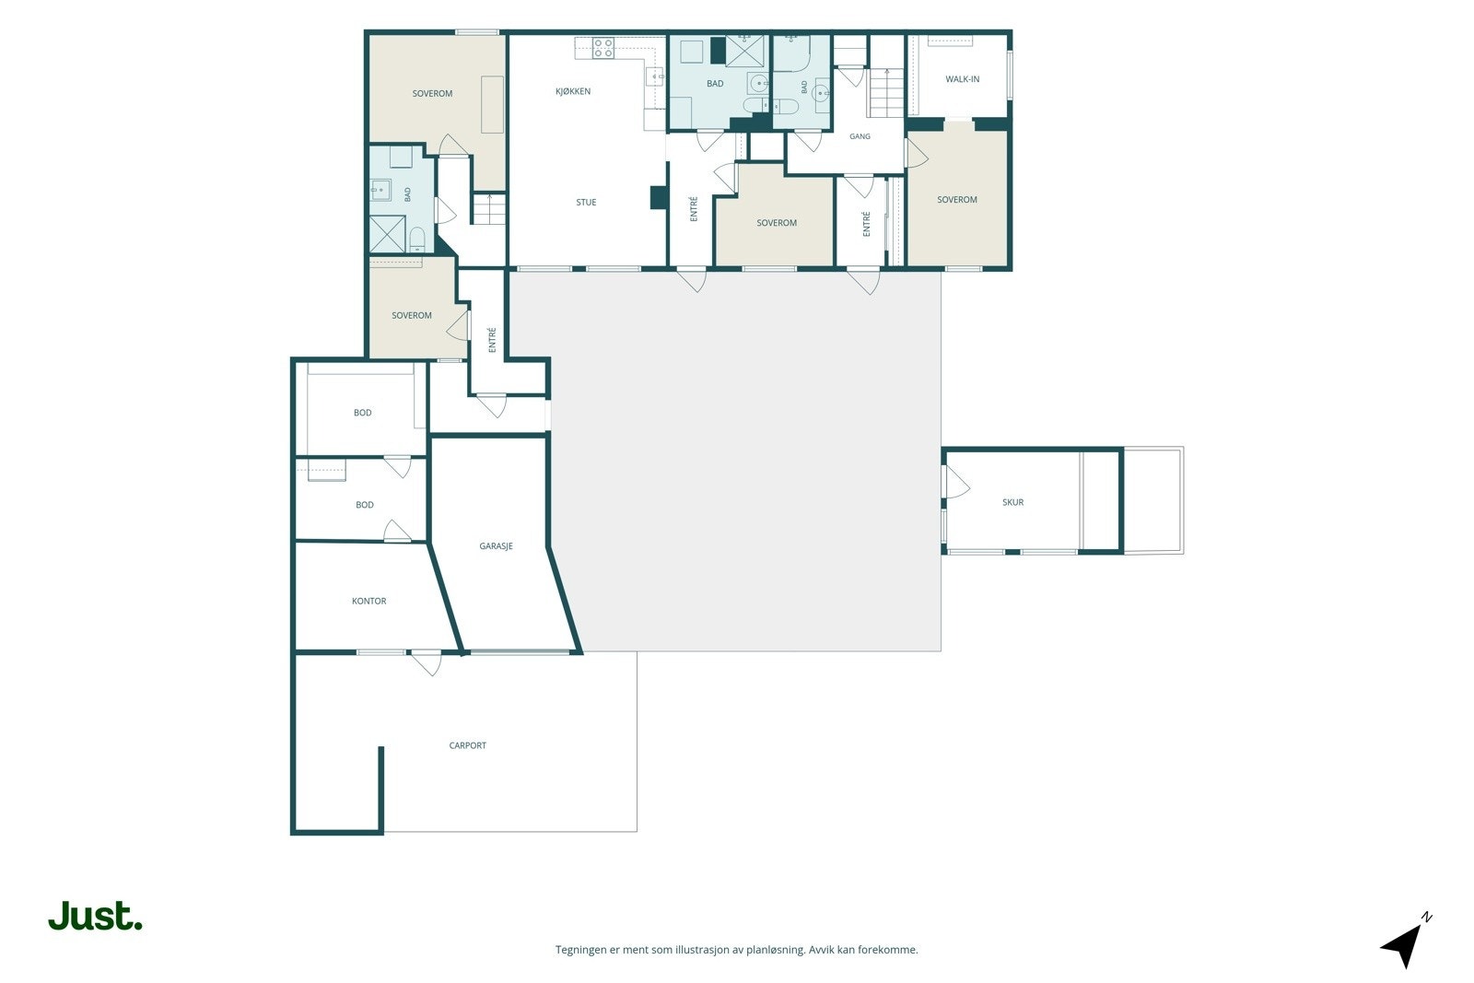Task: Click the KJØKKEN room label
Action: pos(572,91)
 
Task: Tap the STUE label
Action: pos(586,203)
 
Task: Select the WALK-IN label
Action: pos(962,79)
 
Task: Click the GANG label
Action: pos(860,136)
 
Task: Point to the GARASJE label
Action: pos(496,546)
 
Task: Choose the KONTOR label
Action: pos(368,601)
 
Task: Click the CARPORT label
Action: pos(467,745)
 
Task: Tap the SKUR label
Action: pos(1012,502)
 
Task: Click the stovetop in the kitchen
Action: pos(602,48)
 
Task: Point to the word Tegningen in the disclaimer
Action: pos(581,950)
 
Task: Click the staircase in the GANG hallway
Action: pos(885,93)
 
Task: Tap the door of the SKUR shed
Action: pos(956,482)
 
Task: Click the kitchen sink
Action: pos(655,77)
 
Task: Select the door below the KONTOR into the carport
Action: pos(427,662)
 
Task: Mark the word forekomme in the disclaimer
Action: pos(891,950)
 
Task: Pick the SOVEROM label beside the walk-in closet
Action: pos(957,199)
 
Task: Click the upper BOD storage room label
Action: pos(363,413)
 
